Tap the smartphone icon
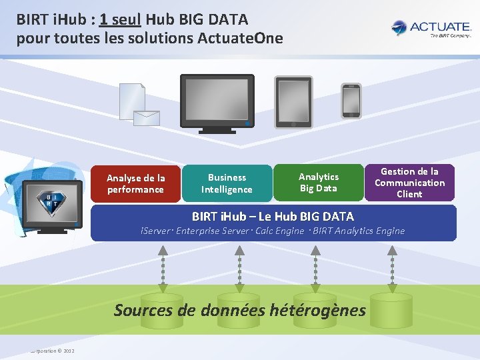coord(351,101)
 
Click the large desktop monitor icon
coord(217,103)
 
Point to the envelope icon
coord(147,118)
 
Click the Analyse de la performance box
coord(135,184)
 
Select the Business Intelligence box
coord(227,183)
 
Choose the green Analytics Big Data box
coord(318,182)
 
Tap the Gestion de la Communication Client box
coord(409,183)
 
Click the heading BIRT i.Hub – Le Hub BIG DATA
coord(273,216)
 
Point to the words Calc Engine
coord(279,231)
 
